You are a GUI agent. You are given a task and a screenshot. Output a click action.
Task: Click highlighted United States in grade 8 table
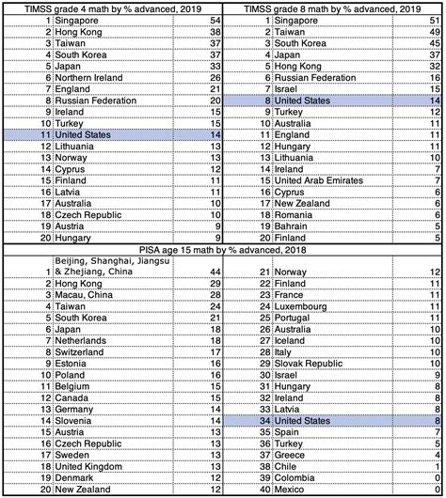285,97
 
